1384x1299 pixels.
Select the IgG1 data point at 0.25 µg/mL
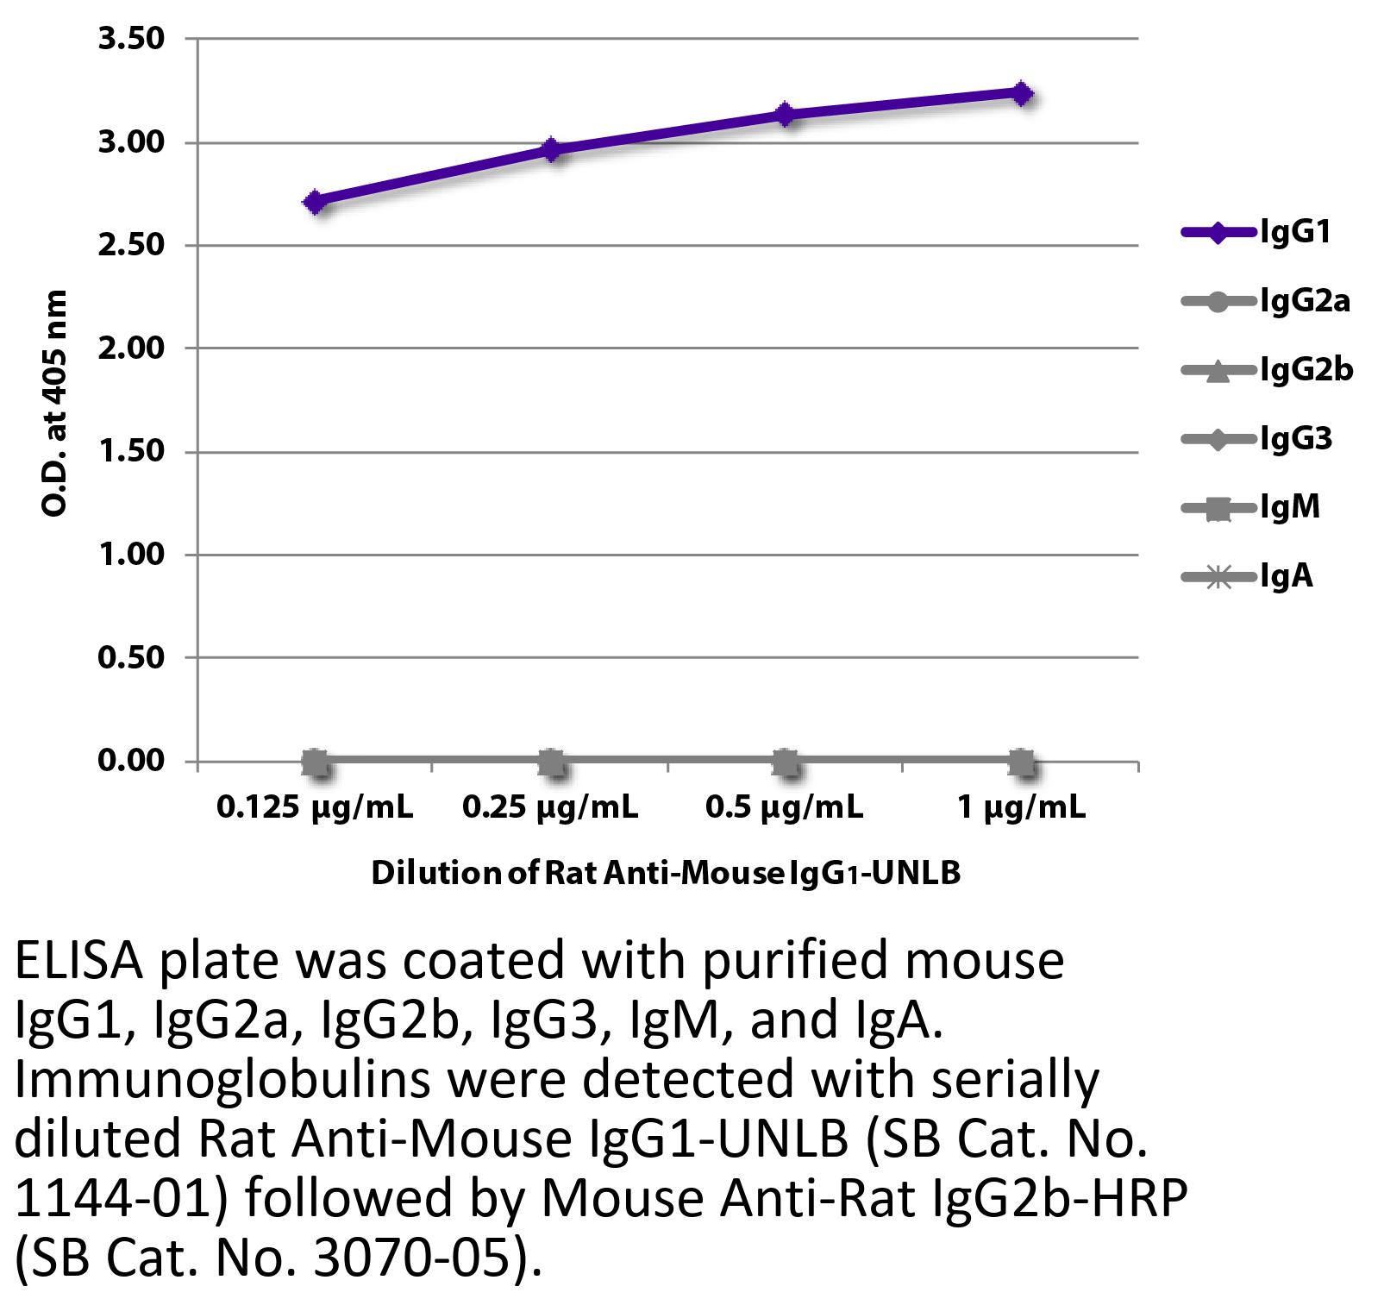click(552, 149)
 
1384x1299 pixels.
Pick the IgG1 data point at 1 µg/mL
click(1022, 93)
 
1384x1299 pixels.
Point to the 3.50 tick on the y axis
click(131, 39)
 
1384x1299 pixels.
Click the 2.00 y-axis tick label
click(131, 348)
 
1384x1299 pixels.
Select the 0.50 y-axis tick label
click(131, 657)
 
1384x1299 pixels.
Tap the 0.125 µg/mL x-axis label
click(315, 808)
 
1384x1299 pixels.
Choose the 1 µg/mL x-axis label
click(1022, 808)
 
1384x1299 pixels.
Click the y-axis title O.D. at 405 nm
click(54, 403)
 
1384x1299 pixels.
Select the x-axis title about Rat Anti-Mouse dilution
click(666, 874)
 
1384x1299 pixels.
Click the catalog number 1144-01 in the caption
click(116, 1199)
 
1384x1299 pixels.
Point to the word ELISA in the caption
click(78, 961)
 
